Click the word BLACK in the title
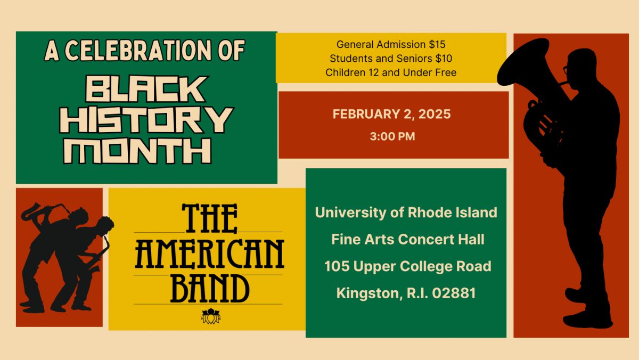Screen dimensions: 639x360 click(145, 89)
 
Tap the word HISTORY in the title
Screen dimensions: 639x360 click(146, 120)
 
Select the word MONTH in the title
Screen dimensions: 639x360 click(137, 151)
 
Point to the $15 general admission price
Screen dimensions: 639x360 click(437, 45)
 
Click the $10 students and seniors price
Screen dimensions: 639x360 click(444, 59)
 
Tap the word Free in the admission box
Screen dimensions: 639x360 click(446, 72)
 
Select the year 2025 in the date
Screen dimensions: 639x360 click(435, 114)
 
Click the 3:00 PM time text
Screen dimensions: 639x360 click(392, 136)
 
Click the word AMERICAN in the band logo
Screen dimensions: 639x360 click(209, 254)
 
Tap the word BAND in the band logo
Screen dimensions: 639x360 click(210, 289)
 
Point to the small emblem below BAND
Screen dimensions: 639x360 click(211, 316)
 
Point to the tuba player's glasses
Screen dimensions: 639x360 click(566, 69)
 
